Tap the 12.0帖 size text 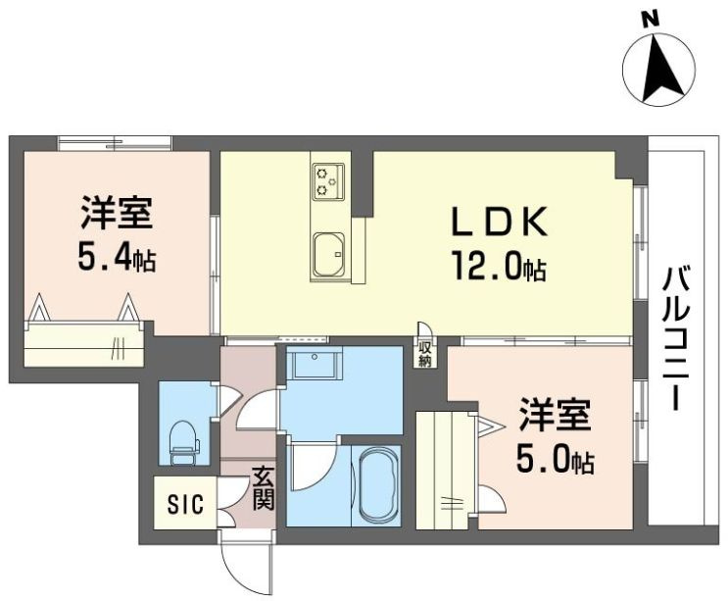coord(498,266)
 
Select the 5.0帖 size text coord(555,459)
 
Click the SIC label coord(186,504)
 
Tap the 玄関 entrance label coord(264,487)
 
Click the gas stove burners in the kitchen coord(328,181)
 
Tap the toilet coord(184,442)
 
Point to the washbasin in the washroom coord(315,364)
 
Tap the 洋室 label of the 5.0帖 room coord(555,415)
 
